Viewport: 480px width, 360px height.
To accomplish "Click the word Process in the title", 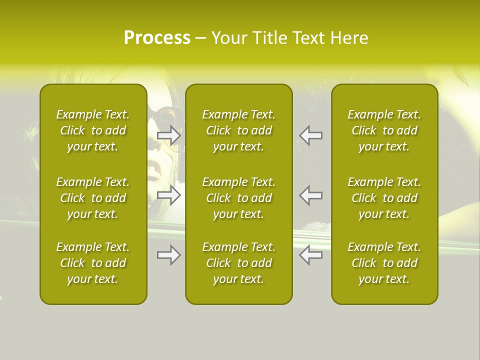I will [157, 38].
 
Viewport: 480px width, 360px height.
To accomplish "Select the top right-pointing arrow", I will [169, 135].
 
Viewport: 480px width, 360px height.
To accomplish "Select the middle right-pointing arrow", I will [169, 195].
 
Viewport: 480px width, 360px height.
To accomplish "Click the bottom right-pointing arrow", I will [169, 255].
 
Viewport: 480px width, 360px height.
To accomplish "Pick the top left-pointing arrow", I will [310, 135].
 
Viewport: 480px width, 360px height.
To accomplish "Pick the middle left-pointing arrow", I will [310, 195].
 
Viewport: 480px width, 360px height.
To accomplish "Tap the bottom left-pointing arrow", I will [310, 255].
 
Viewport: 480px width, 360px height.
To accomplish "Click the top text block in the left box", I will [93, 130].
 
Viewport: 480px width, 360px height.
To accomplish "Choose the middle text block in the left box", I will [93, 198].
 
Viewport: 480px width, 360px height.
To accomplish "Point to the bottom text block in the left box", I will [93, 263].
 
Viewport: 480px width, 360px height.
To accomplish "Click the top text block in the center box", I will [239, 130].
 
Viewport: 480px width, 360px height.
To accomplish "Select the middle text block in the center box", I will [239, 198].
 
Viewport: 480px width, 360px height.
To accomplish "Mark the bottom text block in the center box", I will [239, 263].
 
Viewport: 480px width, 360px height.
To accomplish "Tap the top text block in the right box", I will [384, 130].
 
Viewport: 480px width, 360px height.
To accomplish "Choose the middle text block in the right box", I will [384, 198].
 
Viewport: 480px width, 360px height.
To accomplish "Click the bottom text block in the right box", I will [384, 263].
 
